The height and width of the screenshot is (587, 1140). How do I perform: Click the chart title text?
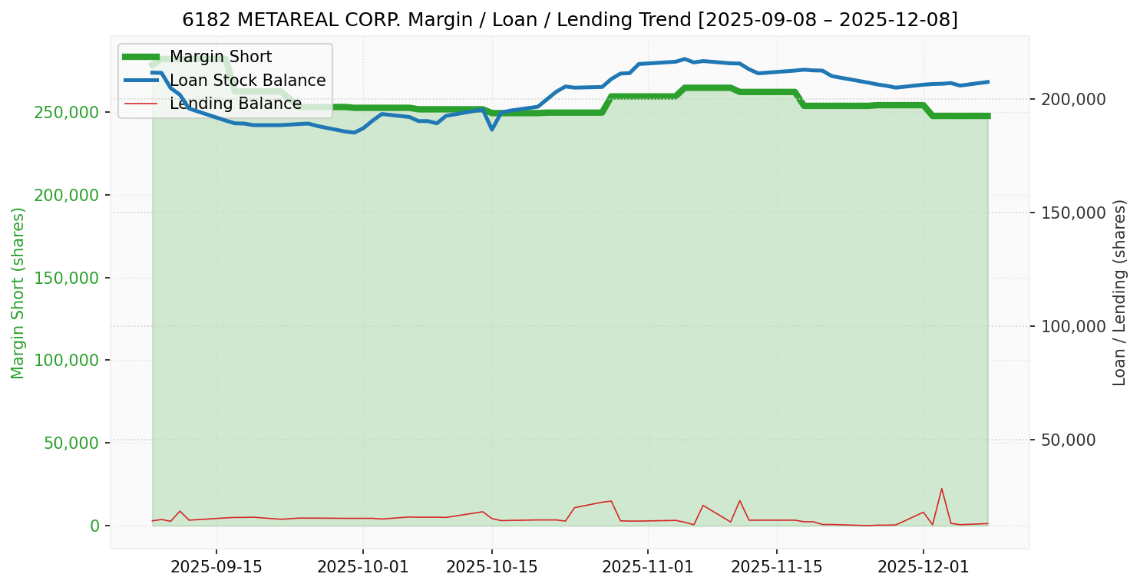[x=570, y=19]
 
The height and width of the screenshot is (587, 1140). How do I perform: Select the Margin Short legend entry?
[x=220, y=57]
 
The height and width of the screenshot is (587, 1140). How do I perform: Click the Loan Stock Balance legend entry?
[x=247, y=81]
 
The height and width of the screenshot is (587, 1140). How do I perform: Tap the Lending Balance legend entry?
[x=235, y=104]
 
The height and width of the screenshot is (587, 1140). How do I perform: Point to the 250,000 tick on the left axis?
[x=67, y=112]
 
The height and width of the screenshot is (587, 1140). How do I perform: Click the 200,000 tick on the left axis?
[x=67, y=195]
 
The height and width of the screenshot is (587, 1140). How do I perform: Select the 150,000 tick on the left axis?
[x=67, y=278]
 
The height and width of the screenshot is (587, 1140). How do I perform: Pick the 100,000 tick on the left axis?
[x=67, y=361]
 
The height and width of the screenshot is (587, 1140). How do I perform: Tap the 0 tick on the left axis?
[x=94, y=526]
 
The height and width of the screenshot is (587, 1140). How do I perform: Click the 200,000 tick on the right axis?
[x=1073, y=99]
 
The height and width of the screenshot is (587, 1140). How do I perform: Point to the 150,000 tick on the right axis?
[x=1073, y=213]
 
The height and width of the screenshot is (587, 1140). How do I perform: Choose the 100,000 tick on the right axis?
[x=1073, y=326]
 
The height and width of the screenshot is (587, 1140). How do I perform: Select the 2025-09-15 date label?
[x=216, y=567]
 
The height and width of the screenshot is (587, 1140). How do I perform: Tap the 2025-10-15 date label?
[x=492, y=567]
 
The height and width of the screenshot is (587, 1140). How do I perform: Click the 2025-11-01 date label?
[x=648, y=567]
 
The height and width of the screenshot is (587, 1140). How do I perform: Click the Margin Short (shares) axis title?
[x=18, y=293]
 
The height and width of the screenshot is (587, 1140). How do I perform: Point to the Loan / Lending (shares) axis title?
[x=1119, y=292]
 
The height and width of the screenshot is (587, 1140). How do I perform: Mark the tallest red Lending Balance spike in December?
[x=941, y=489]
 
